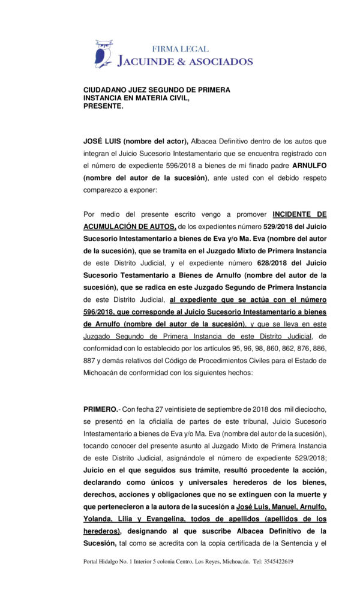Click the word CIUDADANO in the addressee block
click(x=106, y=90)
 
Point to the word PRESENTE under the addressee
click(x=102, y=106)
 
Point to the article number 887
click(x=89, y=360)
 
